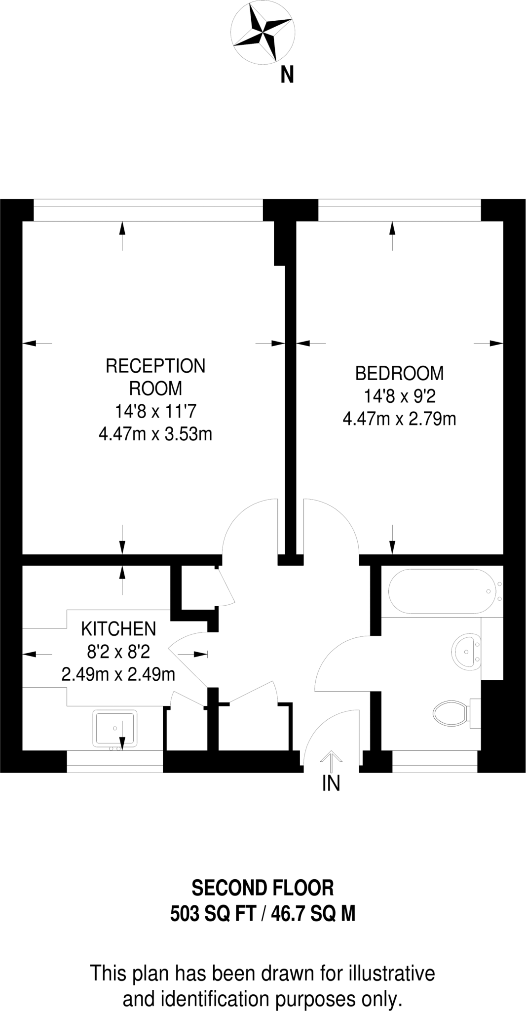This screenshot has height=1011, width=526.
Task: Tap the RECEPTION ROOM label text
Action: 155,377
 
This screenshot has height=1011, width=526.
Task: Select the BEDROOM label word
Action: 399,373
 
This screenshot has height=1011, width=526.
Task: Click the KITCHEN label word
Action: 118,629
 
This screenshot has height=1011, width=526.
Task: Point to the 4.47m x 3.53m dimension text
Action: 155,434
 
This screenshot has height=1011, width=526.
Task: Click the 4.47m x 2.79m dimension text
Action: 399,419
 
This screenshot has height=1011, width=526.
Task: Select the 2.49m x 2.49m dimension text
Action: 118,674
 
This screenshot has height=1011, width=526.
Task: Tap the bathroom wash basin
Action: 466,651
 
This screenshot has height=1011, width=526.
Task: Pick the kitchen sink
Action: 114,728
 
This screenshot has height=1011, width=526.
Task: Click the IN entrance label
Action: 331,783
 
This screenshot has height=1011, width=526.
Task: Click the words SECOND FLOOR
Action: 263,888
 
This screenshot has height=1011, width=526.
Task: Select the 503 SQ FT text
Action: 213,914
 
